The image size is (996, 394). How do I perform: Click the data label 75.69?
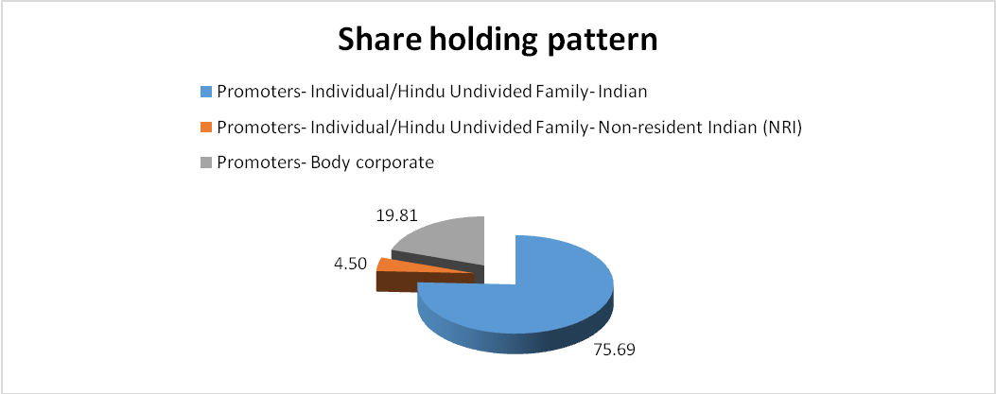(613, 350)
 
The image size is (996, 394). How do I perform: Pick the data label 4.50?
(350, 263)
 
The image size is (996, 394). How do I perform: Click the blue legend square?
(205, 92)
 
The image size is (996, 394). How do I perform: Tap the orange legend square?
(205, 128)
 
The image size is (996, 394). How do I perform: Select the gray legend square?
(205, 163)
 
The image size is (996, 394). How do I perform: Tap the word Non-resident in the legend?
(638, 127)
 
